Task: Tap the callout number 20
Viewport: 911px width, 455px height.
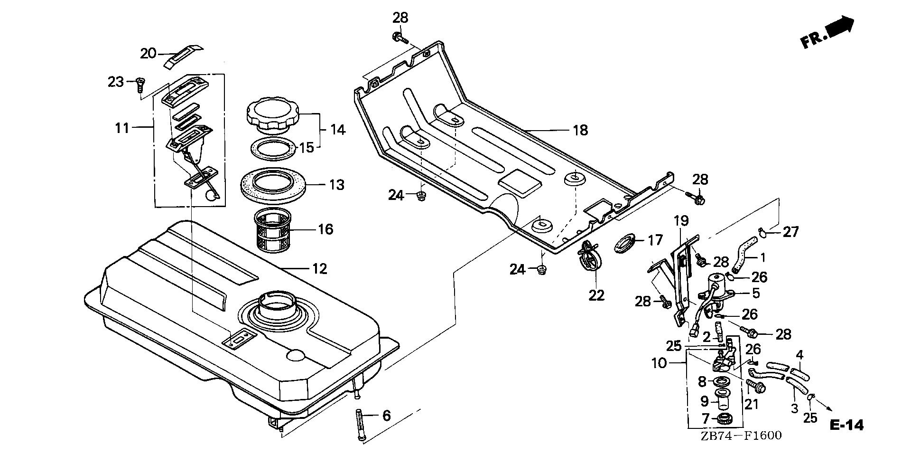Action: pos(148,53)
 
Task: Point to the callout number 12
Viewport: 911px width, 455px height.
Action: pos(320,269)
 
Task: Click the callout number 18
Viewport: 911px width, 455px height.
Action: pos(580,130)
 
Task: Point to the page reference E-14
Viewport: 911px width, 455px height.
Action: pos(847,425)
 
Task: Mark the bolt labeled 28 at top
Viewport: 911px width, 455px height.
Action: pos(400,37)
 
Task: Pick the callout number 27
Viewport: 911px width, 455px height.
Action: pos(791,232)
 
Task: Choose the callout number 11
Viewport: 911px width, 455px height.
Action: pos(122,128)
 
